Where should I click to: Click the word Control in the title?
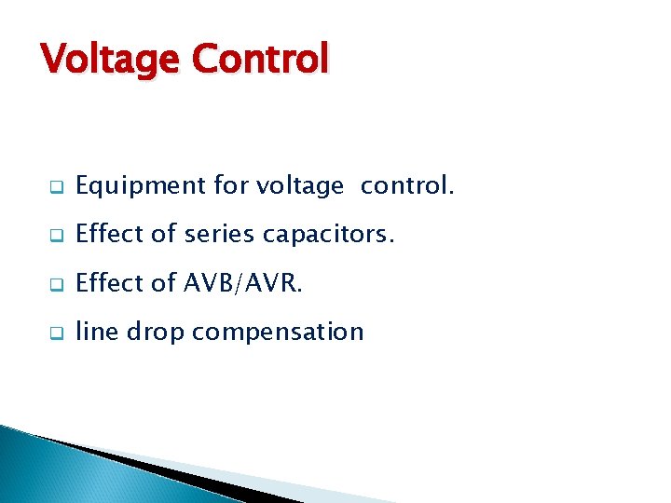tap(260, 59)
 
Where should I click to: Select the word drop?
tap(155, 332)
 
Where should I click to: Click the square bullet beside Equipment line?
tap(56, 188)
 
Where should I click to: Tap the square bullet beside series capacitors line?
tap(56, 237)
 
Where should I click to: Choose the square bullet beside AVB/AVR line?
tap(56, 284)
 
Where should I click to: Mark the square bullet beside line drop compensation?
tap(56, 333)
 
